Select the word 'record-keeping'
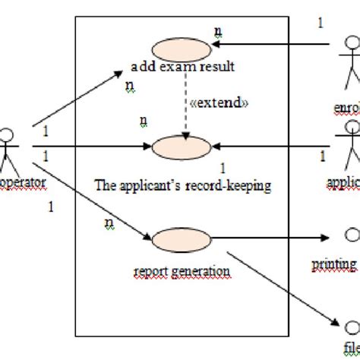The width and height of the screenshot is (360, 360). pyautogui.click(x=232, y=184)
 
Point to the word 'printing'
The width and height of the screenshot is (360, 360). pyautogui.click(x=335, y=264)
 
